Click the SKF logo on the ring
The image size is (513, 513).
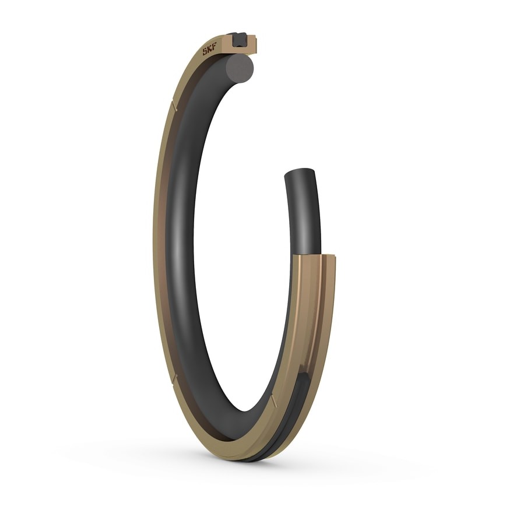click(x=209, y=51)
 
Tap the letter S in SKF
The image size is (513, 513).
click(x=205, y=52)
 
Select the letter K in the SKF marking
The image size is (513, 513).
click(x=209, y=51)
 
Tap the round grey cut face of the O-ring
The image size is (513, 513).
click(x=241, y=66)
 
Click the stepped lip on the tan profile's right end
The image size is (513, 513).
click(x=255, y=45)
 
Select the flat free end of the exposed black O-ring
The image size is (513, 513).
click(x=299, y=173)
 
